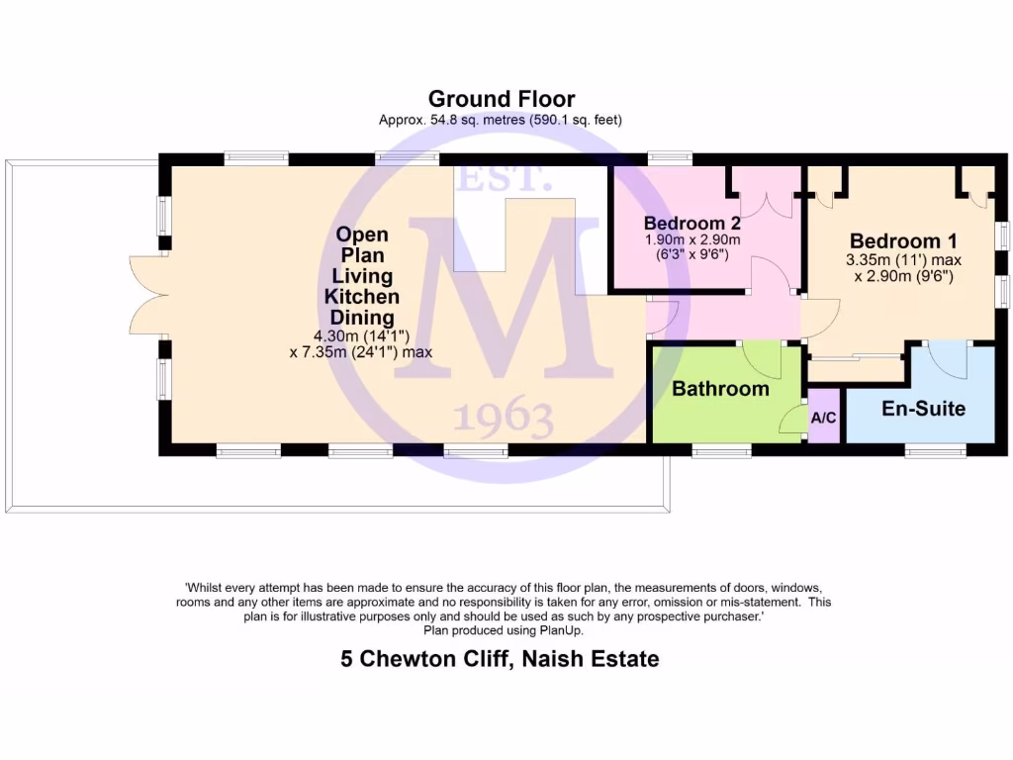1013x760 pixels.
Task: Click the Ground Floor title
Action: pyautogui.click(x=501, y=99)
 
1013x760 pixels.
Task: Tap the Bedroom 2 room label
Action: pyautogui.click(x=692, y=222)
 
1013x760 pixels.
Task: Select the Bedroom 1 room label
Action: pyautogui.click(x=903, y=240)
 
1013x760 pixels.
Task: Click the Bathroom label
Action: pyautogui.click(x=720, y=389)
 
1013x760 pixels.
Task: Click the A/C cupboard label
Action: pyautogui.click(x=824, y=418)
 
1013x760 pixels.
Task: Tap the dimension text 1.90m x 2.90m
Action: pyautogui.click(x=692, y=239)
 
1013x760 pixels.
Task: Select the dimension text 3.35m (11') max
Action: pyautogui.click(x=903, y=261)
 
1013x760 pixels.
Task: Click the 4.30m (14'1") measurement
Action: pyautogui.click(x=361, y=335)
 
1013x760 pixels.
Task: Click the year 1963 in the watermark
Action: pyautogui.click(x=504, y=420)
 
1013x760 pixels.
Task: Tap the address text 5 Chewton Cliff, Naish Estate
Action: pyautogui.click(x=500, y=658)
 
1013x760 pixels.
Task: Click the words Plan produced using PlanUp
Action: pyautogui.click(x=504, y=629)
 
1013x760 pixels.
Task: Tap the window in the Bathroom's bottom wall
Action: pyautogui.click(x=722, y=451)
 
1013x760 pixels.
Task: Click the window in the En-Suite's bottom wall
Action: pyautogui.click(x=935, y=451)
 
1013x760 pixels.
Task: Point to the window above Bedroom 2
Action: pyautogui.click(x=670, y=157)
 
